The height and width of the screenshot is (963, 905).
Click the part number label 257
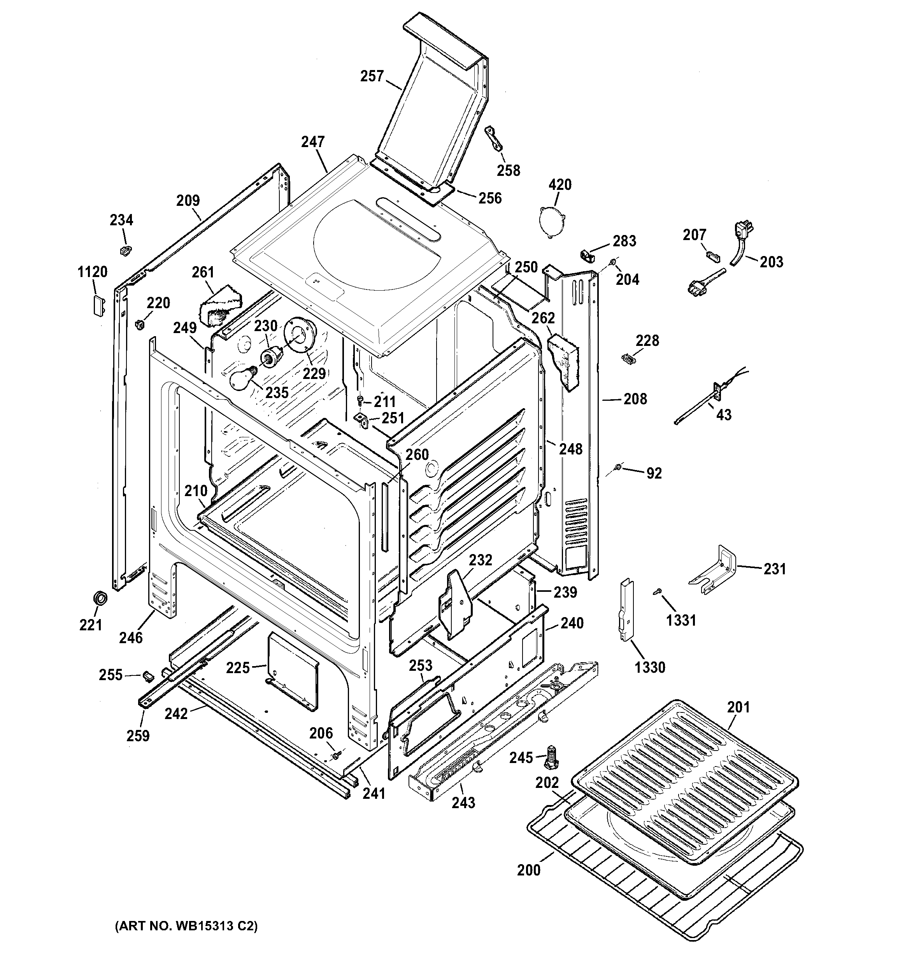tap(372, 76)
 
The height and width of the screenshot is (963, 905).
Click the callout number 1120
tap(92, 272)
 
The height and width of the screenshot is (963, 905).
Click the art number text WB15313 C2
tap(186, 927)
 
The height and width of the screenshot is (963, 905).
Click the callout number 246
tap(131, 637)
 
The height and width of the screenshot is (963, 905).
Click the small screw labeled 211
tap(360, 400)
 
